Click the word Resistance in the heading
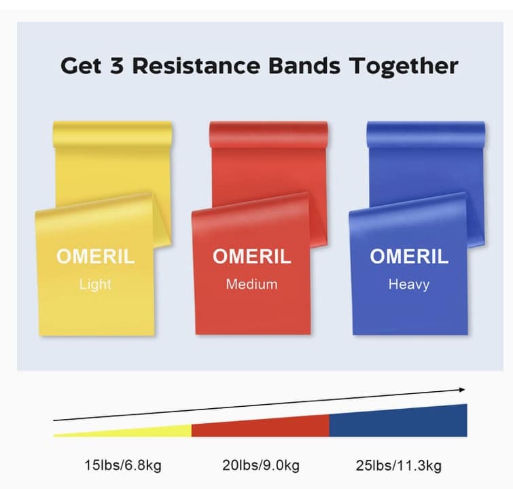(196, 65)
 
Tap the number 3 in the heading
(117, 65)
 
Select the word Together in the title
(404, 67)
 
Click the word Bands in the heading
(304, 65)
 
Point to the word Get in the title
(81, 65)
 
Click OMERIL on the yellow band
(95, 256)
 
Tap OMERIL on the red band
(251, 256)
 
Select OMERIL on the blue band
(409, 256)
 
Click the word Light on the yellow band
(95, 285)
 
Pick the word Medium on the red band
(251, 284)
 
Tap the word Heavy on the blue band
(409, 285)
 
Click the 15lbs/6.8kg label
(123, 465)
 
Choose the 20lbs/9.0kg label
(261, 465)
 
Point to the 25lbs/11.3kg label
(398, 465)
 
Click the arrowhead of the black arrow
(462, 390)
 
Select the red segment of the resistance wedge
(260, 427)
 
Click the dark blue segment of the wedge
(398, 421)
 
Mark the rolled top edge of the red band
(268, 134)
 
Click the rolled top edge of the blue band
(425, 134)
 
